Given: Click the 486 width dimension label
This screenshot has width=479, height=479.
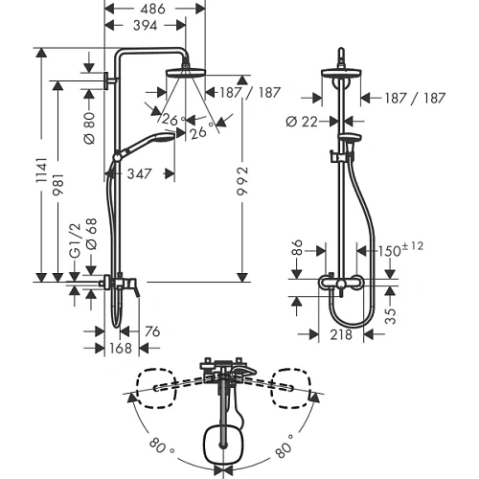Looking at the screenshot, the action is pyautogui.click(x=152, y=9).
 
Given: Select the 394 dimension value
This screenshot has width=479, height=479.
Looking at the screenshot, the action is pyautogui.click(x=146, y=26).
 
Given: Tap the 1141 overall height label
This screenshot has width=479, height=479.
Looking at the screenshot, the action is pyautogui.click(x=41, y=171).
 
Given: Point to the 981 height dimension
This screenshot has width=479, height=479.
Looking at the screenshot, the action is pyautogui.click(x=58, y=184).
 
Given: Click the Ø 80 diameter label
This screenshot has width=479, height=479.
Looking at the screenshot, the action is pyautogui.click(x=89, y=127).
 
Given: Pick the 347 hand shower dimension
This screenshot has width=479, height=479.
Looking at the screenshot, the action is pyautogui.click(x=139, y=174).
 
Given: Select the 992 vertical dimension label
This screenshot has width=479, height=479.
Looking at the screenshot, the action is pyautogui.click(x=242, y=181).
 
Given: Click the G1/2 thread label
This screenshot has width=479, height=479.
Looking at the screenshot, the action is pyautogui.click(x=75, y=239).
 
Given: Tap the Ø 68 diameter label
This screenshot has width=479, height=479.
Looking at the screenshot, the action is pyautogui.click(x=91, y=234).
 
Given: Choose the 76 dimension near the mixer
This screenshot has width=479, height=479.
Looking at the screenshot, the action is pyautogui.click(x=152, y=331).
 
